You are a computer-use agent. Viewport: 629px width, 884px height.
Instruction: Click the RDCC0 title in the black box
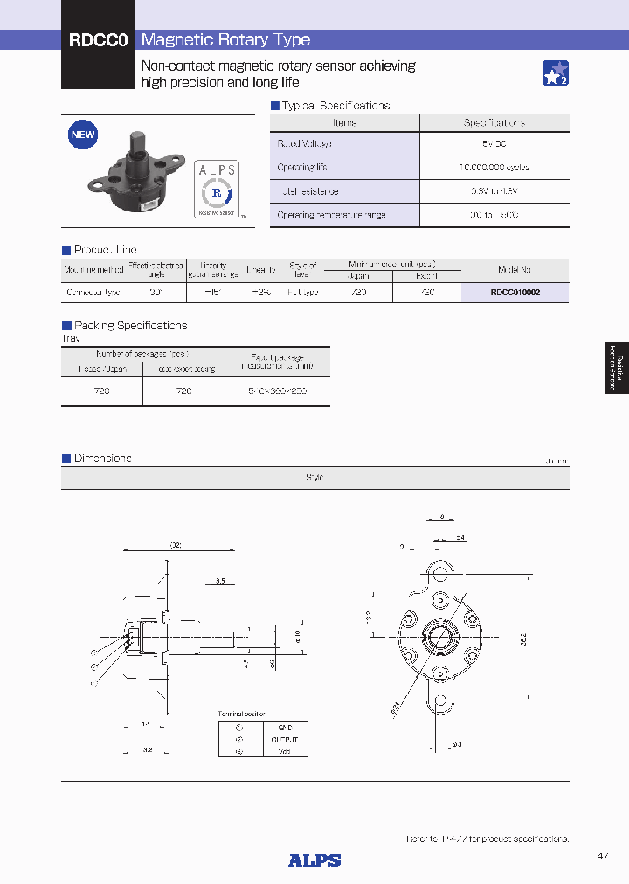99,40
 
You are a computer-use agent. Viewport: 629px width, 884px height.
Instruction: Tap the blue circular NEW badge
83,135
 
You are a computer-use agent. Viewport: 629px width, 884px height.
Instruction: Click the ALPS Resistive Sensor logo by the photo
215,188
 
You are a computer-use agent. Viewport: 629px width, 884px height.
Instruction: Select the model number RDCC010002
515,293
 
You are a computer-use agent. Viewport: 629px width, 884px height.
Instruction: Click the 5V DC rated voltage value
494,143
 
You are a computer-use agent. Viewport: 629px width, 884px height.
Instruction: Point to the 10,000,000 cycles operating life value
494,167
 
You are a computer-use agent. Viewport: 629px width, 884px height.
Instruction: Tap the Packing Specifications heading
130,325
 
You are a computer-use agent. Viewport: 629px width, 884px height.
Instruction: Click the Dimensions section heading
102,458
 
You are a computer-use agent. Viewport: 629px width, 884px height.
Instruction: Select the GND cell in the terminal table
285,727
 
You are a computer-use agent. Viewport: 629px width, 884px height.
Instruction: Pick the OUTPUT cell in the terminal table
285,739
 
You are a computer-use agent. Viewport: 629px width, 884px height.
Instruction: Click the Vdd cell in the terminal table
285,750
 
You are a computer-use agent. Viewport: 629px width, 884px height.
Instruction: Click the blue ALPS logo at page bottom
314,860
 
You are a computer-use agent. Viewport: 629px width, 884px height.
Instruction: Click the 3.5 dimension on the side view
221,580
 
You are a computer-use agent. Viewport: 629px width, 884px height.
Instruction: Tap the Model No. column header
515,270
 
